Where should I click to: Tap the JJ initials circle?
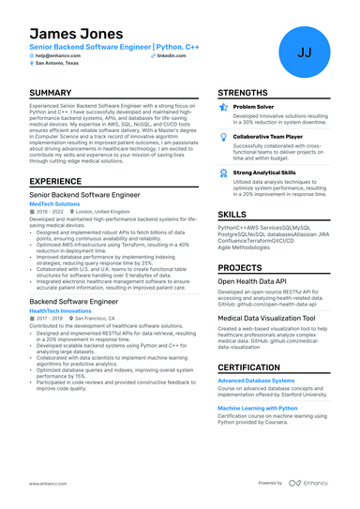305,52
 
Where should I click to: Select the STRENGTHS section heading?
247,93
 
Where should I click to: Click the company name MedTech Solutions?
54,202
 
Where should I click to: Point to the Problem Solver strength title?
254,108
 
